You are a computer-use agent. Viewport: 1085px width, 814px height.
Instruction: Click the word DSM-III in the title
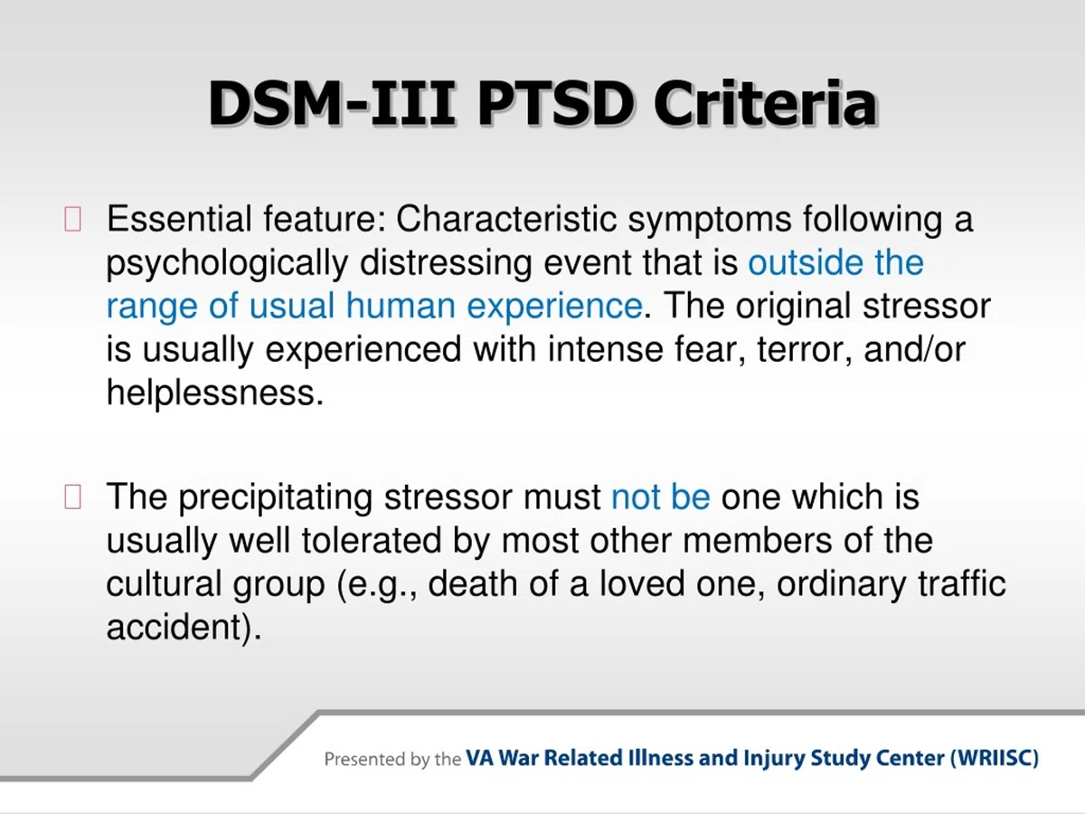click(331, 103)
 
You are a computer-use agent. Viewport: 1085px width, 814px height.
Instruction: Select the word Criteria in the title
click(766, 103)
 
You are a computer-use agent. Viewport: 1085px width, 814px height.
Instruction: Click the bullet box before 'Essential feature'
click(72, 219)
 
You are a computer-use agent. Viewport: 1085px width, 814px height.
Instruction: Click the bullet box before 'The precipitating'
click(72, 497)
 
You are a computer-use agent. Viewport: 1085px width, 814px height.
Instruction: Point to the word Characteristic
click(506, 219)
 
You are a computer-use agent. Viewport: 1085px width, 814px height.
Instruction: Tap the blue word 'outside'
click(806, 262)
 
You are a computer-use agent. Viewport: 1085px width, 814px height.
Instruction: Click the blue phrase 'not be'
click(661, 497)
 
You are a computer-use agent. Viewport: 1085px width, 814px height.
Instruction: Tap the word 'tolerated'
click(372, 540)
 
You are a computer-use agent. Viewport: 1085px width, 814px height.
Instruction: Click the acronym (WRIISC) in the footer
click(995, 758)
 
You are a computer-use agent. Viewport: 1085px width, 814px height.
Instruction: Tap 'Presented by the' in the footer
click(392, 759)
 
